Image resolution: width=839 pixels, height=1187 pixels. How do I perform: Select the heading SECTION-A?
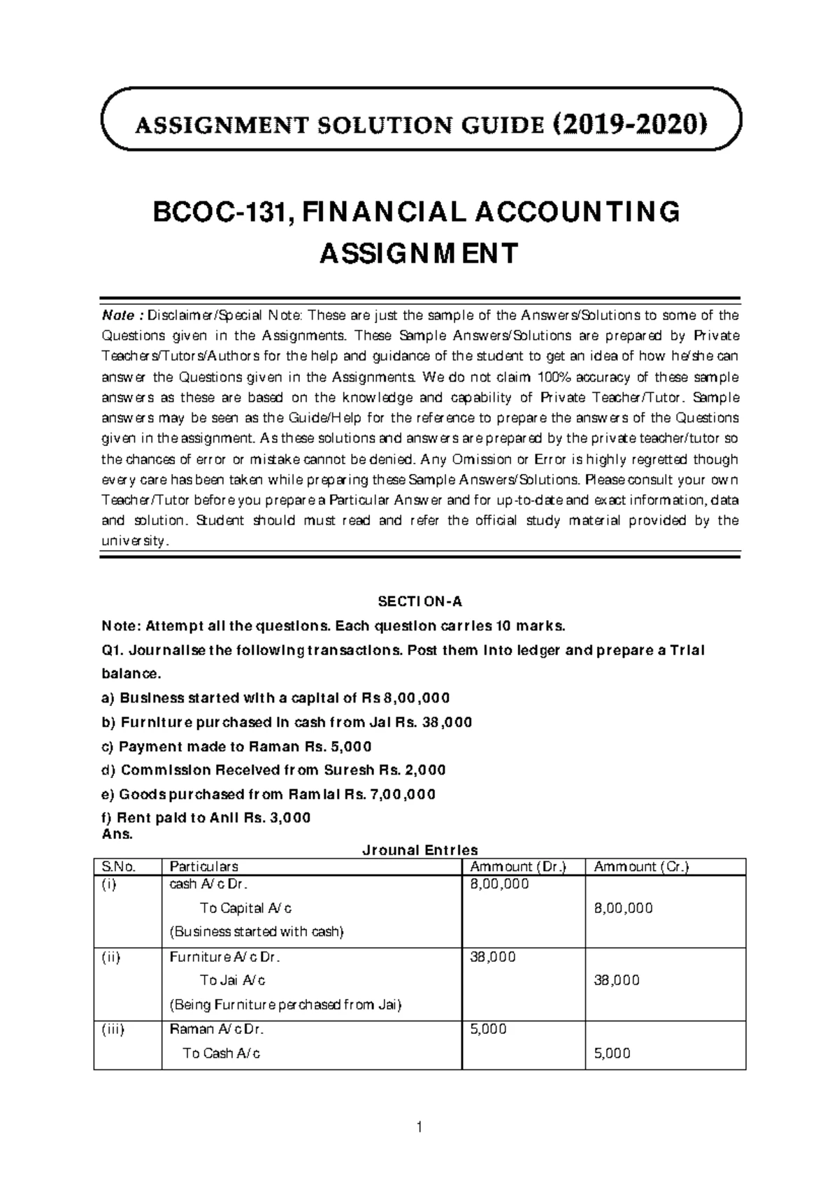tap(420, 601)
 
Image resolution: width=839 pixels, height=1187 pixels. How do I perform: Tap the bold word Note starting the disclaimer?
tap(115, 315)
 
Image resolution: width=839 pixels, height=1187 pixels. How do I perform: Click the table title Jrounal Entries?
tap(419, 850)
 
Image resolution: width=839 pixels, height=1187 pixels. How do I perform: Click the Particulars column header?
tap(203, 867)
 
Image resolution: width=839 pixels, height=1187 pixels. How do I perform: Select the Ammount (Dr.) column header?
tap(518, 867)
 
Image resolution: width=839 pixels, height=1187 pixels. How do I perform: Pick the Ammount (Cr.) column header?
tap(641, 867)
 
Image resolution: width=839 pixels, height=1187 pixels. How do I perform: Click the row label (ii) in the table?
tap(110, 957)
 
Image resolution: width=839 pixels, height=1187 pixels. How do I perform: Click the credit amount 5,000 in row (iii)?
tap(612, 1053)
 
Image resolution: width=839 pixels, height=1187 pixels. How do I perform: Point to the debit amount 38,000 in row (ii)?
tap(494, 957)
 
